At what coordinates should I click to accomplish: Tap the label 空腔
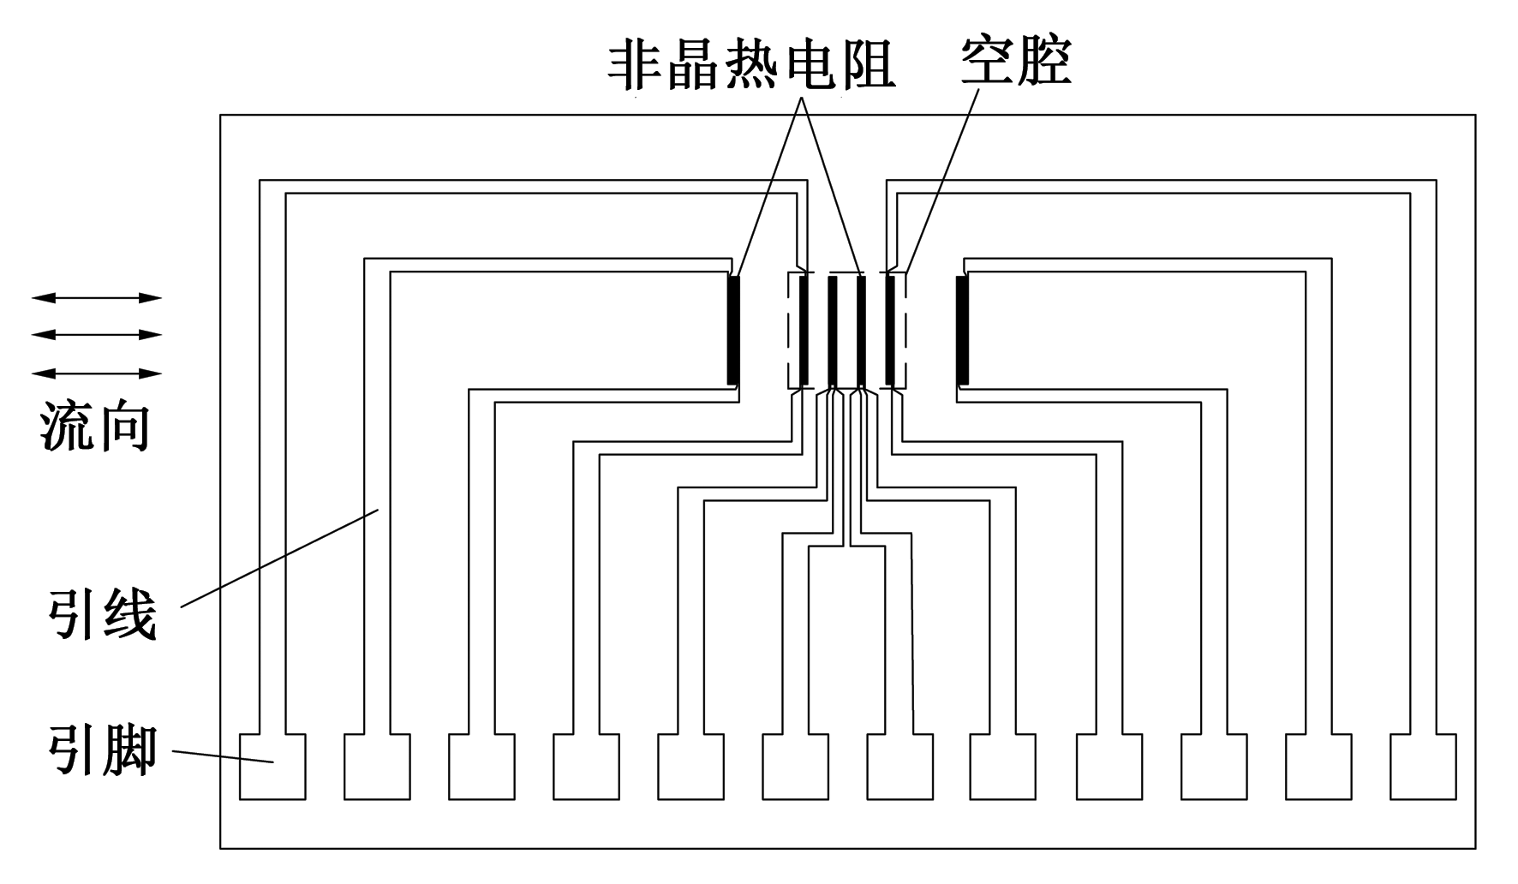[x=1016, y=61]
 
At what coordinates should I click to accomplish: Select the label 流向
[x=95, y=426]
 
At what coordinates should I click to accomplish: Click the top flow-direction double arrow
[x=97, y=298]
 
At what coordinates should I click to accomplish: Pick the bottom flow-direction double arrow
[x=97, y=373]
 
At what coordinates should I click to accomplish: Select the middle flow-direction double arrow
[x=97, y=335]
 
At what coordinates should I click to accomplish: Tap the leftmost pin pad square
[x=272, y=766]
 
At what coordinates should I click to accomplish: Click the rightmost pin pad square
[x=1423, y=766]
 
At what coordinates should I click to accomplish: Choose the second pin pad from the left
[x=377, y=766]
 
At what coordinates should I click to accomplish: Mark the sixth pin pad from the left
[x=795, y=766]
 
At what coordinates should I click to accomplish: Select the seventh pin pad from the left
[x=899, y=766]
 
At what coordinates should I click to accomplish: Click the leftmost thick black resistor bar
[x=732, y=330]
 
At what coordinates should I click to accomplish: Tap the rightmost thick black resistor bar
[x=963, y=330]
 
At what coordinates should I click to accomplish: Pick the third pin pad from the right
[x=1214, y=766]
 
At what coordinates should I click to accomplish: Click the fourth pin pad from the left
[x=586, y=766]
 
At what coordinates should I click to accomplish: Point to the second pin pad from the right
[x=1318, y=766]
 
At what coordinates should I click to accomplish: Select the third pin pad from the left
[x=481, y=766]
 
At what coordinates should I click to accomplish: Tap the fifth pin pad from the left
[x=690, y=766]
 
